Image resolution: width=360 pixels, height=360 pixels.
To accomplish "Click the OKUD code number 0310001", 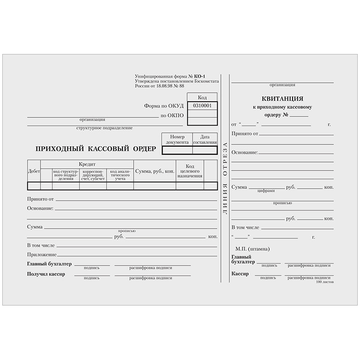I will pyautogui.click(x=202, y=106).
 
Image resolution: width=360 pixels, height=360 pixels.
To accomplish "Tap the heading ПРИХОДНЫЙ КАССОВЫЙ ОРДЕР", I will pyautogui.click(x=96, y=148).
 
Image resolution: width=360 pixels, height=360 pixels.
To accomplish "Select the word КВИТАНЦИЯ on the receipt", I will pyautogui.click(x=282, y=99).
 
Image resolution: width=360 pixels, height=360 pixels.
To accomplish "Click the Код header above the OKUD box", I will pyautogui.click(x=202, y=97).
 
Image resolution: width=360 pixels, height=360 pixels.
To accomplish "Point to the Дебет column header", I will pyautogui.click(x=34, y=171).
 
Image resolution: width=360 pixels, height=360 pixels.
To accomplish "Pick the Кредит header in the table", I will pyautogui.click(x=87, y=164).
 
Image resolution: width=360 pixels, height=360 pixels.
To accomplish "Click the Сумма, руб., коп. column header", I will pyautogui.click(x=154, y=171).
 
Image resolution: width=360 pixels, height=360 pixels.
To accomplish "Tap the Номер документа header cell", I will pyautogui.click(x=177, y=139).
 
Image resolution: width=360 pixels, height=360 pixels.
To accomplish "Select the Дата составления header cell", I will pyautogui.click(x=205, y=139).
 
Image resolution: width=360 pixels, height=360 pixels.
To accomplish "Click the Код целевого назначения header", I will pyautogui.click(x=189, y=171).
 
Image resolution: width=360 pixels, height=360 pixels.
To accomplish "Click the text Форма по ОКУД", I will pyautogui.click(x=164, y=106).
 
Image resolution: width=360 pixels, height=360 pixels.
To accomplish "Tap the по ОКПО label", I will pyautogui.click(x=172, y=116).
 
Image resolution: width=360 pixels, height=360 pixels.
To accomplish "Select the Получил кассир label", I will pyautogui.click(x=46, y=274).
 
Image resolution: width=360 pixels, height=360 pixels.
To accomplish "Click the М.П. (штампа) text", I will pyautogui.click(x=252, y=249).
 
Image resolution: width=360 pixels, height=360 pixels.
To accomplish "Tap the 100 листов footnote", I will pyautogui.click(x=325, y=281).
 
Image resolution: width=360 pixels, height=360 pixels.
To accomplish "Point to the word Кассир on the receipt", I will pyautogui.click(x=240, y=274).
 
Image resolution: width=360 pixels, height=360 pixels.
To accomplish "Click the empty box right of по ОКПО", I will pyautogui.click(x=202, y=116).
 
